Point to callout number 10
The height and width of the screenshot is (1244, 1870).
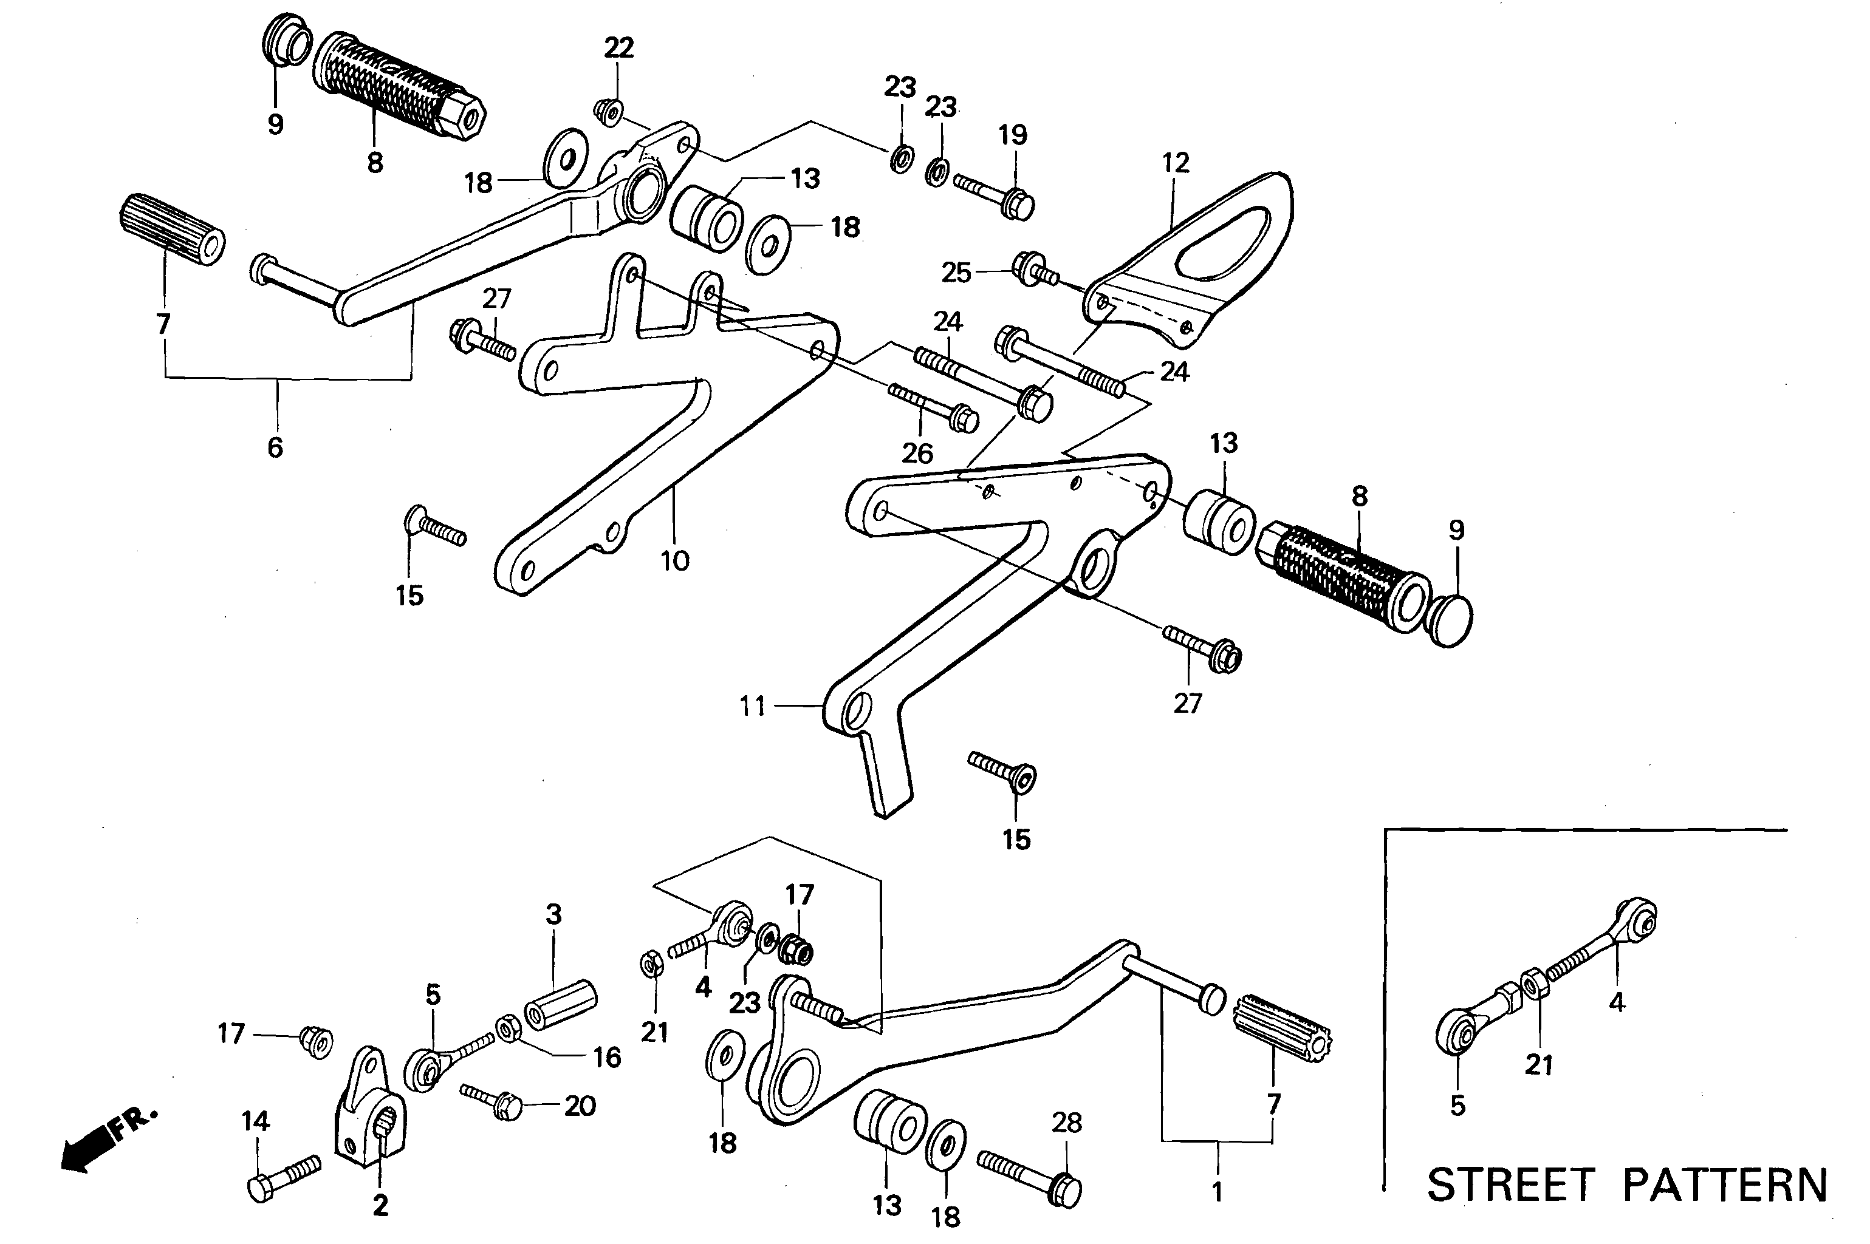674,561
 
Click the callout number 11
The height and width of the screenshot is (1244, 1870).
753,705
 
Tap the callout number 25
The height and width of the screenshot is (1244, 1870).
956,273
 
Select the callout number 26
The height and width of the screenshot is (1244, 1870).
917,453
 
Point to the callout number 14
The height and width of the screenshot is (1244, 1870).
255,1121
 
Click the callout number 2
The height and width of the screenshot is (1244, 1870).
380,1206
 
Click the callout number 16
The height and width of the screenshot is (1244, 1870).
607,1057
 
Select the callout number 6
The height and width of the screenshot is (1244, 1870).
275,447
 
